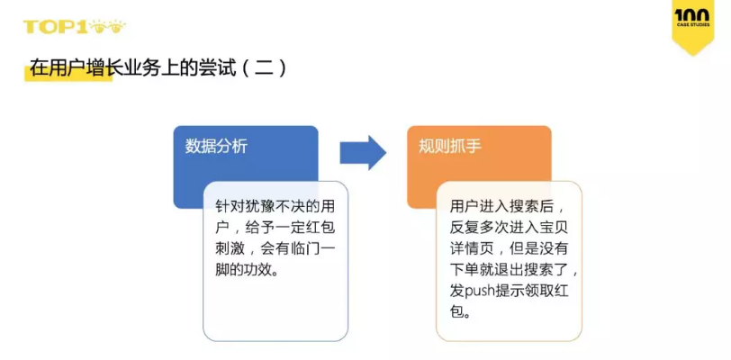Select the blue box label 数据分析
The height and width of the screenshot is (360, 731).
(x=216, y=146)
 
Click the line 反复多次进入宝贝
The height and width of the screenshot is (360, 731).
(x=507, y=227)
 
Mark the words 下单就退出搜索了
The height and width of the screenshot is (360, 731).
(x=507, y=270)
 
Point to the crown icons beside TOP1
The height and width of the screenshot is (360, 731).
(x=108, y=26)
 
